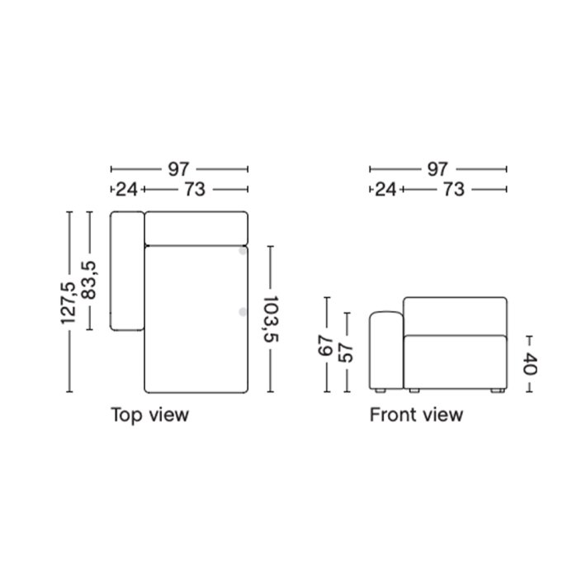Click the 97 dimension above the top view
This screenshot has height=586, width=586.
pos(178,169)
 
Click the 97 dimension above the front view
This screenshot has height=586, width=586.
pos(438,169)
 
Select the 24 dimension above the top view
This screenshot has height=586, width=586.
pos(125,190)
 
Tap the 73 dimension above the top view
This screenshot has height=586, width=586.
pos(195,190)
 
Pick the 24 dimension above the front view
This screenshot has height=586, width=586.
pos(385,190)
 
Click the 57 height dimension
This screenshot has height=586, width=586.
pos(348,352)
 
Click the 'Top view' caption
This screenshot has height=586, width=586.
pos(149,414)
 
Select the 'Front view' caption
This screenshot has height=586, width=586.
pos(416,414)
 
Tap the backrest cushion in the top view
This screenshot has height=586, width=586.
pos(196,228)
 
